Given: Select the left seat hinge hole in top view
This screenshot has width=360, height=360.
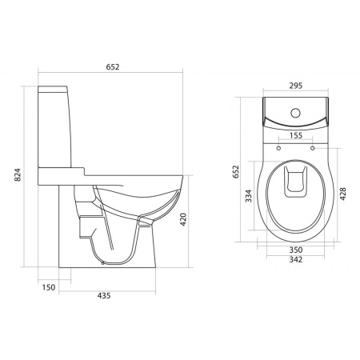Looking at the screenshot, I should click(278, 148).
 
